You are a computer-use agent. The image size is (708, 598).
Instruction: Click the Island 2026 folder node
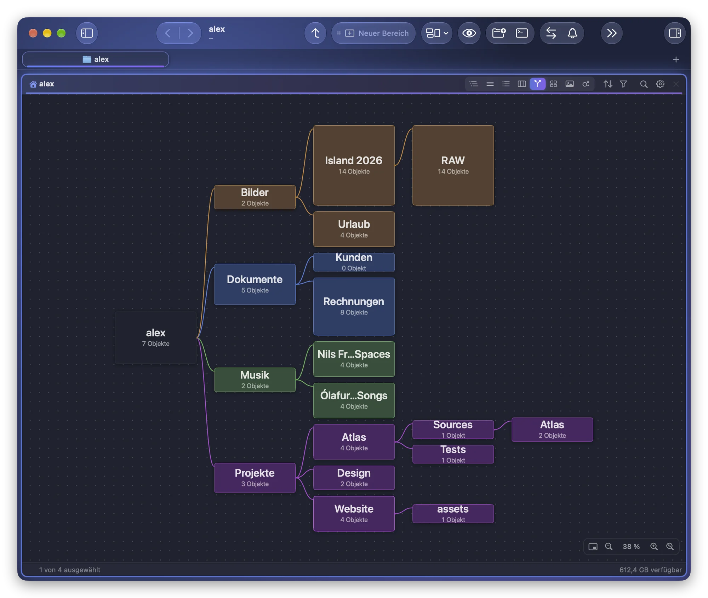click(354, 165)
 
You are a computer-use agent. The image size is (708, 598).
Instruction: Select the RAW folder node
click(453, 165)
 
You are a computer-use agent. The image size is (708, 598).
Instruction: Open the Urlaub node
click(354, 229)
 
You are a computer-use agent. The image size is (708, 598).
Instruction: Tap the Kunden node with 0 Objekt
click(354, 262)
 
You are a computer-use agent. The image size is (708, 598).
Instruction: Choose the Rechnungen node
click(354, 306)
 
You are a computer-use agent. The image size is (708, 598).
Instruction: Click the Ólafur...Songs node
click(354, 400)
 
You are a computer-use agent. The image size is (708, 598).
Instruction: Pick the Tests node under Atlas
click(453, 454)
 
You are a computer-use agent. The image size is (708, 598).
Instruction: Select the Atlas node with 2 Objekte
click(552, 429)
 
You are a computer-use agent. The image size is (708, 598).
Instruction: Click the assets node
click(453, 513)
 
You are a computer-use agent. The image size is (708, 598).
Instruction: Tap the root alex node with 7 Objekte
click(155, 337)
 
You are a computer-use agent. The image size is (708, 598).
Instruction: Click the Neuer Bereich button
click(373, 33)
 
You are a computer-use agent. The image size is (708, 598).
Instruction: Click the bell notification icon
click(572, 33)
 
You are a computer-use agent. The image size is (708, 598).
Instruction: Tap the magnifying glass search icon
click(644, 84)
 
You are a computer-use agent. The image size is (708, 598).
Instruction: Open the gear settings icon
click(660, 84)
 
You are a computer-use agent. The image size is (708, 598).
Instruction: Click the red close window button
click(33, 33)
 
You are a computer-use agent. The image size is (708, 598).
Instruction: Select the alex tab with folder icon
click(96, 59)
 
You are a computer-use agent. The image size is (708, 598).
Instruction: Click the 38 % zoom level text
click(631, 546)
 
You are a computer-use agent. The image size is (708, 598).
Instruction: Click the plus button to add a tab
click(676, 59)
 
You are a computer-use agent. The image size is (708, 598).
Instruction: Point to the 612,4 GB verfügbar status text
click(650, 570)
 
